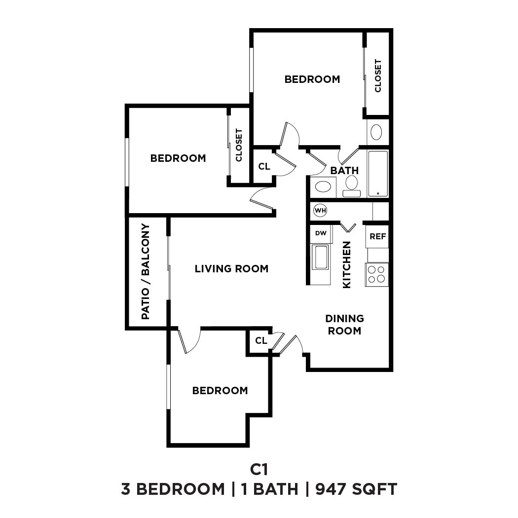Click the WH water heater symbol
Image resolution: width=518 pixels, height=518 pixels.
pyautogui.click(x=320, y=211)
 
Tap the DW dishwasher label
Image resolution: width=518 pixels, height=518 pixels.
pyautogui.click(x=321, y=233)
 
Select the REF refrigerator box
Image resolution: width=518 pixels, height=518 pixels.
pyautogui.click(x=377, y=236)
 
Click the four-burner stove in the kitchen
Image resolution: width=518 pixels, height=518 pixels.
pyautogui.click(x=376, y=274)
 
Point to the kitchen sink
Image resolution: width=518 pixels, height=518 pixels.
pyautogui.click(x=321, y=257)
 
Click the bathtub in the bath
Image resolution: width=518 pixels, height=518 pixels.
pyautogui.click(x=378, y=174)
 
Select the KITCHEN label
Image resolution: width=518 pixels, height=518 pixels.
pyautogui.click(x=347, y=264)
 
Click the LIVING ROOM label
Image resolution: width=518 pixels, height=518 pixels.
pyautogui.click(x=231, y=269)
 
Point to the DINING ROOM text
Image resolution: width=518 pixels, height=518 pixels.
pyautogui.click(x=345, y=325)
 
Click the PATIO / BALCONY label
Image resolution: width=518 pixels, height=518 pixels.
pyautogui.click(x=146, y=271)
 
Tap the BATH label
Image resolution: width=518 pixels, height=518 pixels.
pyautogui.click(x=344, y=171)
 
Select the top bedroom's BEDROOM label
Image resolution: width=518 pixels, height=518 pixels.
pyautogui.click(x=312, y=79)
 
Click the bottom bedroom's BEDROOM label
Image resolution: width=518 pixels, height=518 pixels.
pyautogui.click(x=220, y=391)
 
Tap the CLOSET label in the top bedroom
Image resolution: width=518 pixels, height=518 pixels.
pyautogui.click(x=378, y=75)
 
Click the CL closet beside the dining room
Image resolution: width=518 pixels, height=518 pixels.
pyautogui.click(x=261, y=341)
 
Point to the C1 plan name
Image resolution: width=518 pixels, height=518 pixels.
pyautogui.click(x=259, y=468)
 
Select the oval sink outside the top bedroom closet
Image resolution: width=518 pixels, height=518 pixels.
pyautogui.click(x=376, y=132)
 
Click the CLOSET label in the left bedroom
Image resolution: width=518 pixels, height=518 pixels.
pyautogui.click(x=239, y=145)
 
